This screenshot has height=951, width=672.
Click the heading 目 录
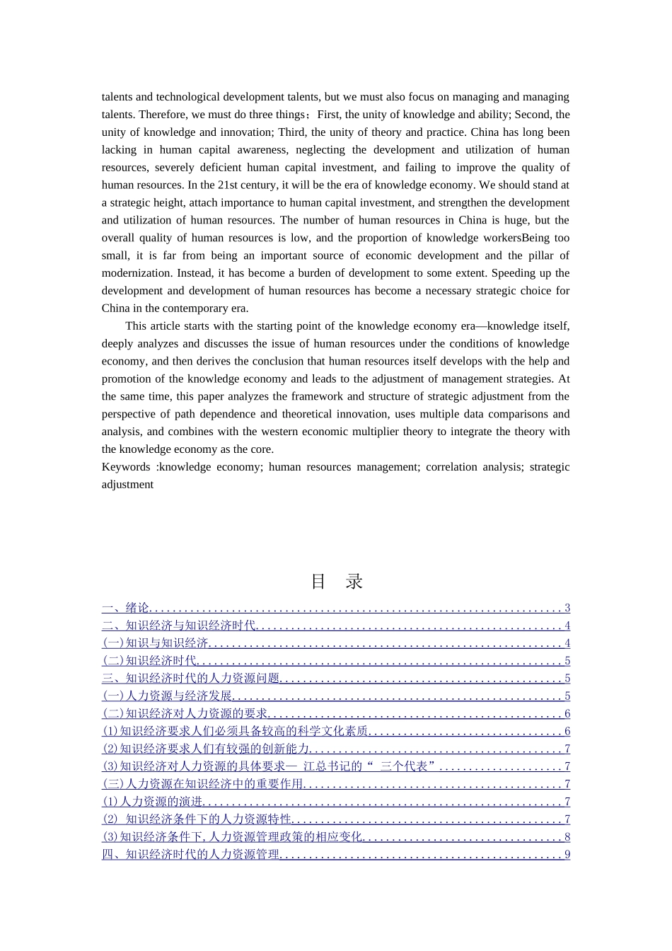tap(337, 582)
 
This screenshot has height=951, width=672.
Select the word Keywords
tap(126, 467)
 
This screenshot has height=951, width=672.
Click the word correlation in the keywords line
tap(453, 467)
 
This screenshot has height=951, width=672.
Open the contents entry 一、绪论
tap(126, 608)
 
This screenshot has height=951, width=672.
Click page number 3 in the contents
tap(567, 608)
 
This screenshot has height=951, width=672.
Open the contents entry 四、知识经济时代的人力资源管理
tap(191, 855)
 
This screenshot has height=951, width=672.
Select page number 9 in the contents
tap(567, 855)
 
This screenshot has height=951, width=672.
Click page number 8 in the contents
tap(567, 837)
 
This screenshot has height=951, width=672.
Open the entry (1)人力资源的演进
tap(153, 802)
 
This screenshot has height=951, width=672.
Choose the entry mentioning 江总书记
tap(269, 766)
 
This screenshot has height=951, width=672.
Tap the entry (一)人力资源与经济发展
tap(167, 696)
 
